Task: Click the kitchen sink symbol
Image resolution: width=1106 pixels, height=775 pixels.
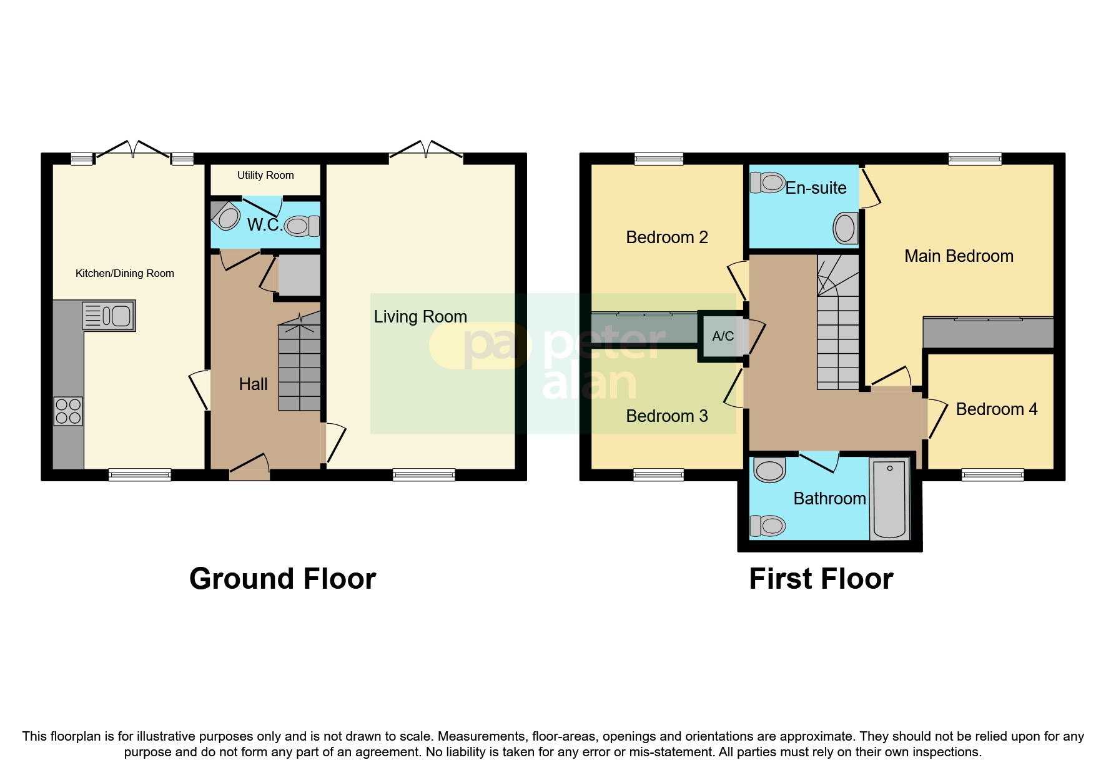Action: (x=109, y=316)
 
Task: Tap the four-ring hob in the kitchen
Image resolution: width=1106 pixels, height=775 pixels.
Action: (x=68, y=411)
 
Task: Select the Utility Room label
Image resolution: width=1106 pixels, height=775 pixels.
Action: (x=265, y=176)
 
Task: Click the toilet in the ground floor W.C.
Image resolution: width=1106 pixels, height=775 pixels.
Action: (x=302, y=226)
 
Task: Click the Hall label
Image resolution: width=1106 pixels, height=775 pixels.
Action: (x=253, y=384)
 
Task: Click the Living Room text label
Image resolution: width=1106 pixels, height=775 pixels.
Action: (x=420, y=317)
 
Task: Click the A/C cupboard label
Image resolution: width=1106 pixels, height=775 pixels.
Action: (x=723, y=336)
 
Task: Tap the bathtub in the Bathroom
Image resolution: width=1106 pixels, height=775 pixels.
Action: (x=889, y=499)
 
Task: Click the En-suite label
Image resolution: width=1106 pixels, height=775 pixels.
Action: (x=816, y=188)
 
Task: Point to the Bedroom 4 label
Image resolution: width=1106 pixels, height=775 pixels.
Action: (x=996, y=409)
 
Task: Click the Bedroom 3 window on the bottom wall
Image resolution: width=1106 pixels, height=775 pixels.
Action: (x=658, y=475)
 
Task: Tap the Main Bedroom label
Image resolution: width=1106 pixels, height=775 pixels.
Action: (x=959, y=256)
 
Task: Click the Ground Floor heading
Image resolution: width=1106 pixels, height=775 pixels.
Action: (x=282, y=579)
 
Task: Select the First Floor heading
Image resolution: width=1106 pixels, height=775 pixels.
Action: (x=821, y=579)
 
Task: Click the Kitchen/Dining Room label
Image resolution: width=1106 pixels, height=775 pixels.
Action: (x=125, y=273)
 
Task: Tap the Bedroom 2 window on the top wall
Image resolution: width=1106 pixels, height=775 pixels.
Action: (x=659, y=159)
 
